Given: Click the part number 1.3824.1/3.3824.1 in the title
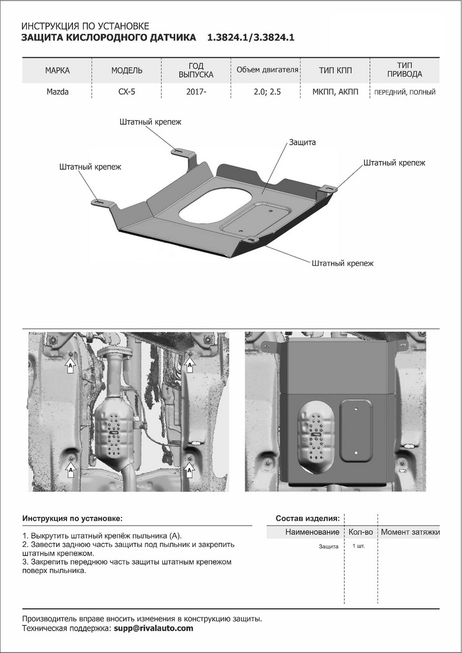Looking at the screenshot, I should [x=250, y=38].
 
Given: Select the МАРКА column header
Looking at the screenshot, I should [x=57, y=71].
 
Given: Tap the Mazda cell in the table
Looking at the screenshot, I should [x=57, y=92].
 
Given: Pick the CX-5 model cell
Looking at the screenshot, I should [x=127, y=92].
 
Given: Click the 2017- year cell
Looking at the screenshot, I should [x=196, y=92].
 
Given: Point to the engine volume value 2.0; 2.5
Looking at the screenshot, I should [x=268, y=92].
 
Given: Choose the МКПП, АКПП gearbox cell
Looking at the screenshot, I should [x=336, y=92].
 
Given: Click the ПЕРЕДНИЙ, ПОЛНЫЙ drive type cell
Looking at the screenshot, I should [x=404, y=93].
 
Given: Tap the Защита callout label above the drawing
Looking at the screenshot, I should [x=303, y=142].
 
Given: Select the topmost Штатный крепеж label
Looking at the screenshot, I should [x=150, y=122].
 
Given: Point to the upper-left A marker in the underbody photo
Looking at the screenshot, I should [x=70, y=367].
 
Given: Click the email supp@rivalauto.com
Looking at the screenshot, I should [x=153, y=628].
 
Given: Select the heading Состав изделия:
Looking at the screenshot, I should [x=308, y=518].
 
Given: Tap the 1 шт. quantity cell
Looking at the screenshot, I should [x=359, y=546].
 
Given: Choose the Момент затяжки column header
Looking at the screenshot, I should [x=410, y=532].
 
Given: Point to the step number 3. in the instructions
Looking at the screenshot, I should [x=26, y=561].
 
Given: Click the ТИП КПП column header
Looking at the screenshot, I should [x=336, y=71].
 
